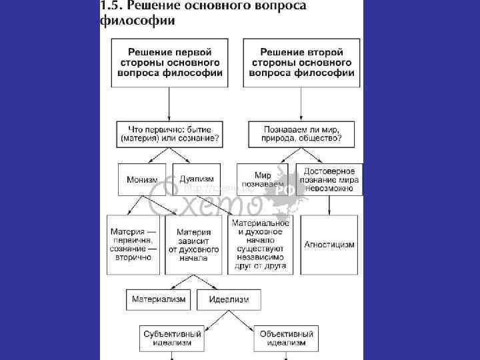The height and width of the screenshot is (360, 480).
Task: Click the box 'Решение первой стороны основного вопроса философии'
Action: (169, 63)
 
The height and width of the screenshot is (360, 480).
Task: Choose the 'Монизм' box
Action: (141, 179)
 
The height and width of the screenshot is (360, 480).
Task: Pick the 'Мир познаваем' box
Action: (265, 179)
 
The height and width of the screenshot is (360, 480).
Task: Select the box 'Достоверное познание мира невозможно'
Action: (329, 179)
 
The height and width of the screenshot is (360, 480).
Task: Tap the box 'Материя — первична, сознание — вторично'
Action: (133, 245)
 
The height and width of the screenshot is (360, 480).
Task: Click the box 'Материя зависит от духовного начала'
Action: (193, 245)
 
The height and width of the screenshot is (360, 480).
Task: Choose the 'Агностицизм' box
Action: (329, 245)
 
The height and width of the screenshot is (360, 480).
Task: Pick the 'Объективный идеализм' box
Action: (286, 337)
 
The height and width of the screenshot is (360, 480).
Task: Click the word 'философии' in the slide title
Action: (137, 21)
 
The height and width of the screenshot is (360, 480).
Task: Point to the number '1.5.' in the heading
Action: (111, 6)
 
